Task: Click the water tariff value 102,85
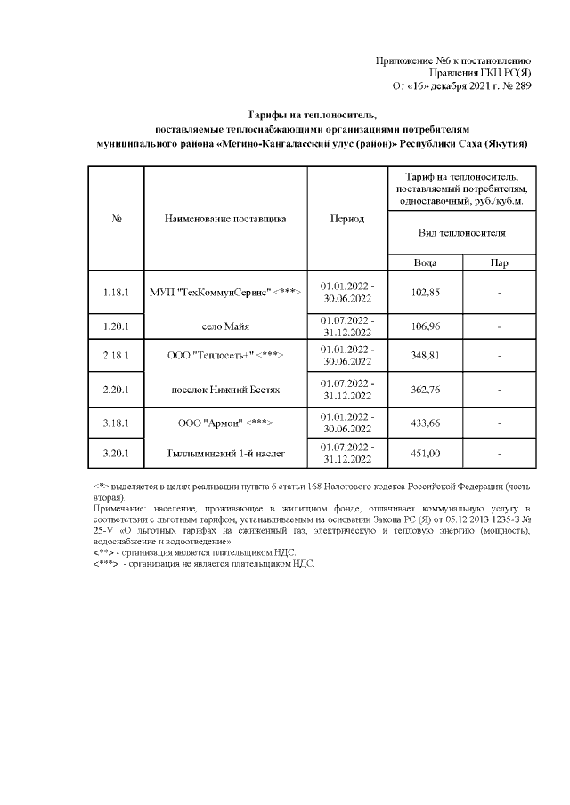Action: click(424, 293)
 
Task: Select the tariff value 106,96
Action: click(424, 326)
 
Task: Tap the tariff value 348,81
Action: click(424, 355)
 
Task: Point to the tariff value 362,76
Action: click(424, 389)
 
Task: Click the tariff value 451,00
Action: click(424, 454)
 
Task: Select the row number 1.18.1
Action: click(117, 293)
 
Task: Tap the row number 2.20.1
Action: click(117, 389)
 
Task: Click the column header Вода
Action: click(425, 262)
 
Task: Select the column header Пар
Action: click(500, 262)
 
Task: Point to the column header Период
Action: click(346, 219)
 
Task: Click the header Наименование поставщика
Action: click(225, 219)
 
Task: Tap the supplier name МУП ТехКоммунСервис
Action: click(225, 293)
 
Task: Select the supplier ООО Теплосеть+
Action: click(225, 355)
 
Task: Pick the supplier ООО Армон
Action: click(225, 421)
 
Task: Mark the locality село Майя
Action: click(225, 326)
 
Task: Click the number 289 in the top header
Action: click(523, 86)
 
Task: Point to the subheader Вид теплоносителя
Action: click(462, 233)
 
